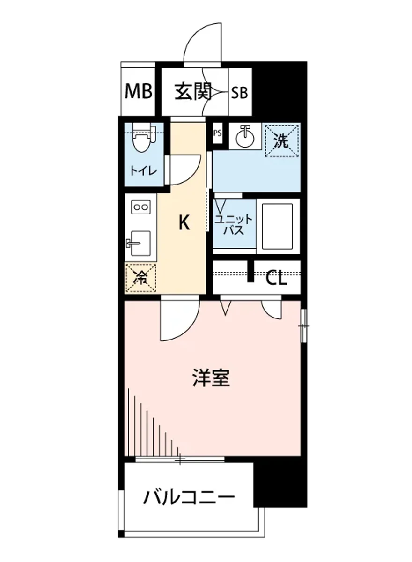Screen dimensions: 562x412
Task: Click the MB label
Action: coord(139,92)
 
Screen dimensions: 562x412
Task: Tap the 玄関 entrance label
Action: coord(193,92)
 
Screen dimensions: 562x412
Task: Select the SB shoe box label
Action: coord(240,93)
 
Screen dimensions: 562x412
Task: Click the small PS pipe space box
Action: coord(217,133)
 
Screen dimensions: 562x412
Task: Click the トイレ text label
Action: coord(143,170)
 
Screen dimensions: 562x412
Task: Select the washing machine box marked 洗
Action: coord(281,141)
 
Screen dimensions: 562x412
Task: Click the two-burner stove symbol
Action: coord(140,207)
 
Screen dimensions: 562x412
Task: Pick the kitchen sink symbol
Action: coord(138,243)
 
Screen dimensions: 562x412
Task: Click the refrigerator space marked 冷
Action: coord(140,278)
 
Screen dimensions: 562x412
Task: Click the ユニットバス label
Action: coord(234,225)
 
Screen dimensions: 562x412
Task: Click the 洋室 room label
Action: coord(212,378)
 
